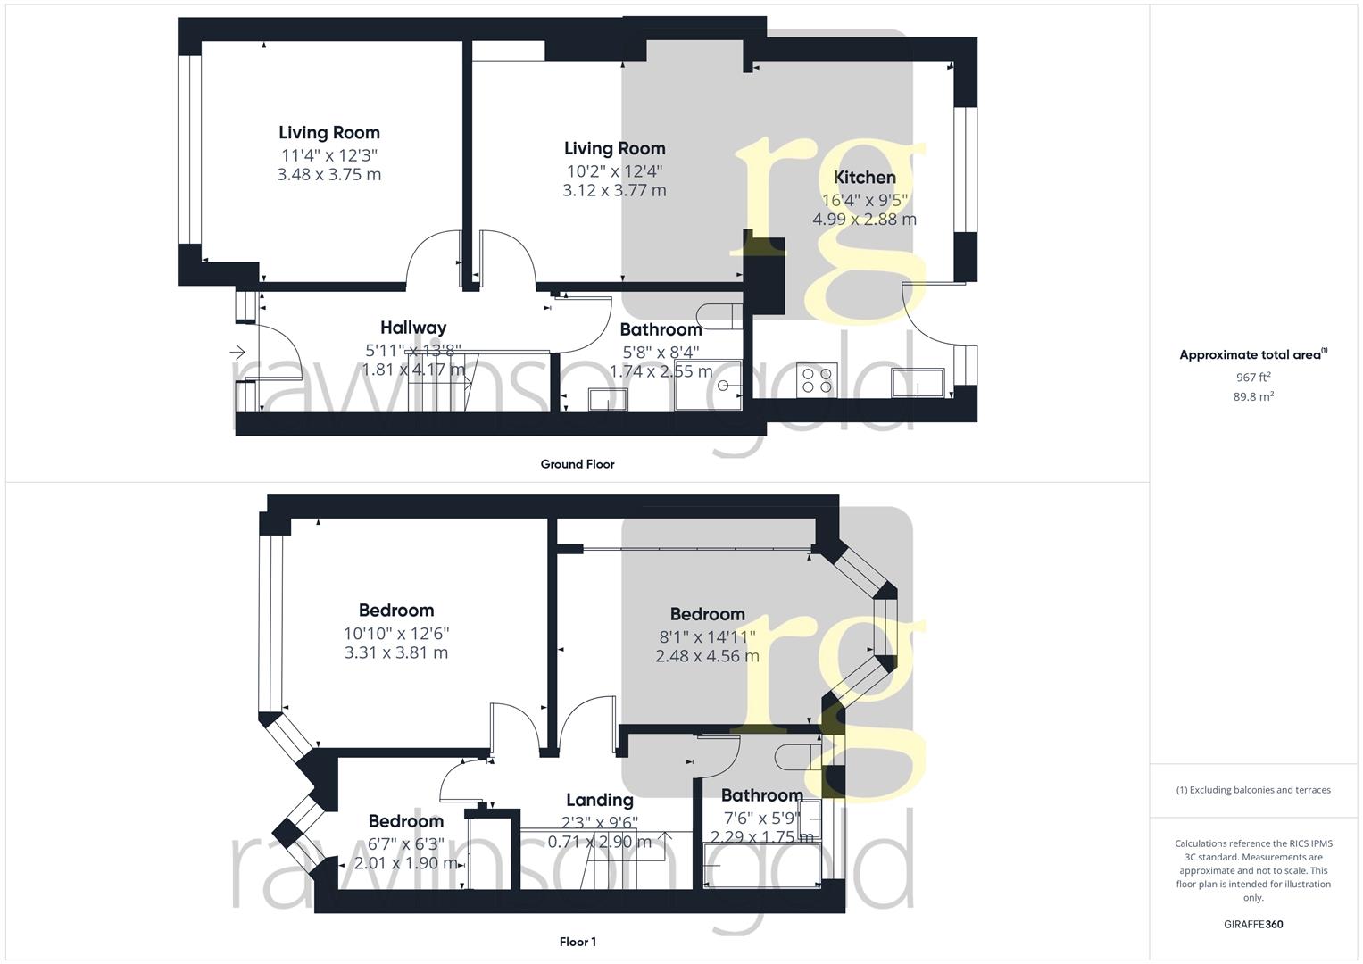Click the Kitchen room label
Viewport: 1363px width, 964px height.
pos(864,178)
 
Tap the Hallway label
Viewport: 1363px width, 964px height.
pos(413,328)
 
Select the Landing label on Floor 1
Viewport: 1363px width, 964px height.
pos(600,800)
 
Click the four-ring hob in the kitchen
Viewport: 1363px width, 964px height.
pos(817,381)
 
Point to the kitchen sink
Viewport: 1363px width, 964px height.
pos(918,382)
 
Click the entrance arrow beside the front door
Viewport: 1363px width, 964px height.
pos(237,353)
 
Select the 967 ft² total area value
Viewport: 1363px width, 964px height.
pos(1253,378)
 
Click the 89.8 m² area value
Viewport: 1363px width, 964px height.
pos(1253,397)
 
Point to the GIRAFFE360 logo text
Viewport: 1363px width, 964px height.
pos(1253,924)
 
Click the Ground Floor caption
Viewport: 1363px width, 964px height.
pos(578,464)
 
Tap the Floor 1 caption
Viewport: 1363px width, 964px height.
pos(578,942)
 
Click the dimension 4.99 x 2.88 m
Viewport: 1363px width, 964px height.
pos(864,220)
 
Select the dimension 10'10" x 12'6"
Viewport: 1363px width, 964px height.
pos(396,633)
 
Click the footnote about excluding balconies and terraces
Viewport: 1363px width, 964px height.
pos(1253,790)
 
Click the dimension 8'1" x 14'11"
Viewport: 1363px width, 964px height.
pos(707,636)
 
